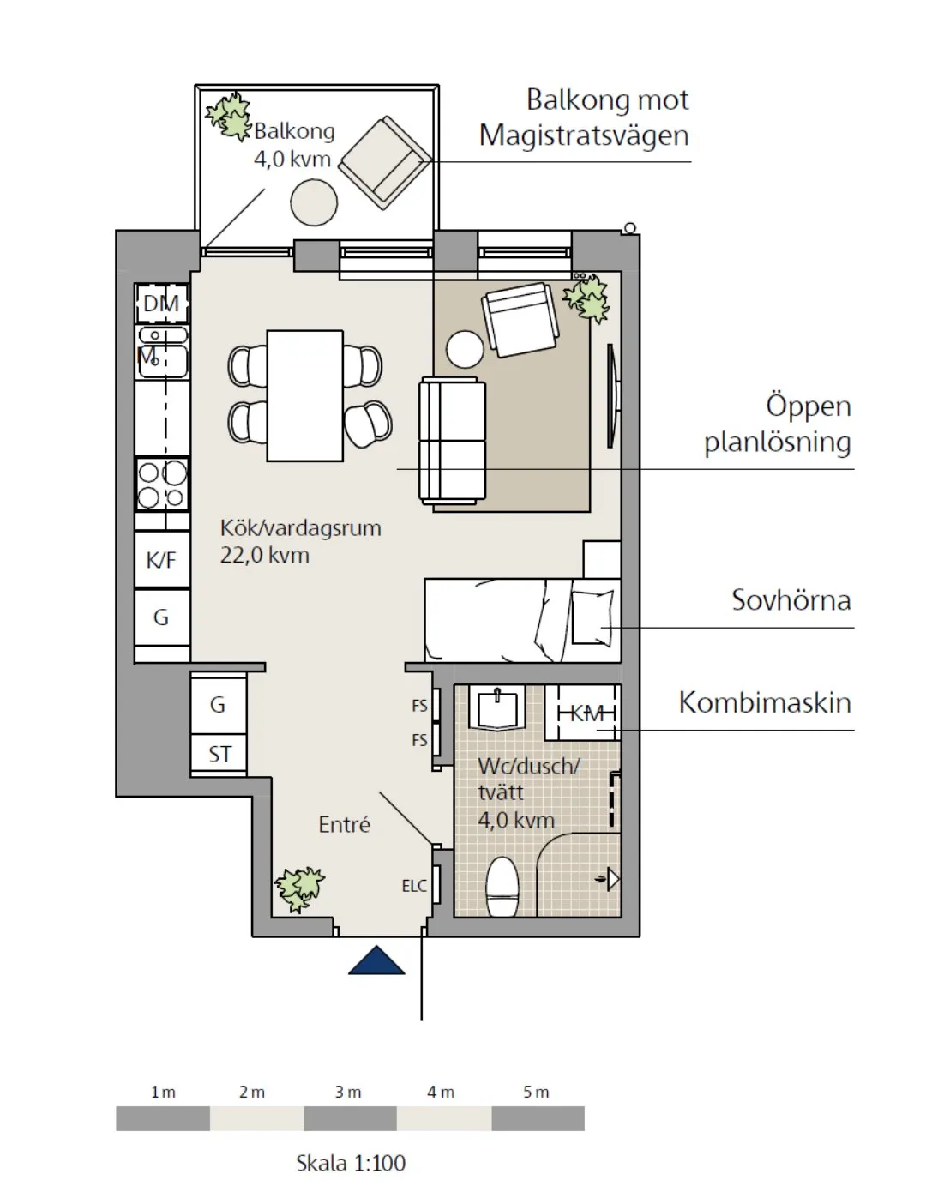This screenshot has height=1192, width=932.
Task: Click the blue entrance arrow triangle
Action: click(x=376, y=962)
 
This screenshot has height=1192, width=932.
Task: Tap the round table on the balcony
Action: click(x=314, y=203)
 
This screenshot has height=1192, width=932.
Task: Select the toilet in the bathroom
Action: click(x=502, y=888)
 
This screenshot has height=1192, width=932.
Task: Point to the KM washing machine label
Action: click(x=586, y=713)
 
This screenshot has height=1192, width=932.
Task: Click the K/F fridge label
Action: click(x=161, y=560)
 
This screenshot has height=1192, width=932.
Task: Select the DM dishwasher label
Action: click(x=161, y=303)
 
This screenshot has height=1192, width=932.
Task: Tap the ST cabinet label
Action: click(x=219, y=755)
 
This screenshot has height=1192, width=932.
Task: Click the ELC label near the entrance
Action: click(x=414, y=886)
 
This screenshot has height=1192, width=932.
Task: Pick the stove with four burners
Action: click(x=162, y=485)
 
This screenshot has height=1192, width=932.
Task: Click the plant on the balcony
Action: click(x=228, y=116)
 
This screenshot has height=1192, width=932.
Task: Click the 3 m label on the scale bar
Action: click(x=347, y=1092)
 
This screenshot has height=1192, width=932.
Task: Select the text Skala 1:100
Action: click(x=351, y=1163)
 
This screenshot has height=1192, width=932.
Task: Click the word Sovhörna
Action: click(x=791, y=599)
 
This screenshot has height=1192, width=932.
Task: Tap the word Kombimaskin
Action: click(x=765, y=702)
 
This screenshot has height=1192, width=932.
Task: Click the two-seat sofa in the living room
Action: click(x=452, y=441)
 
